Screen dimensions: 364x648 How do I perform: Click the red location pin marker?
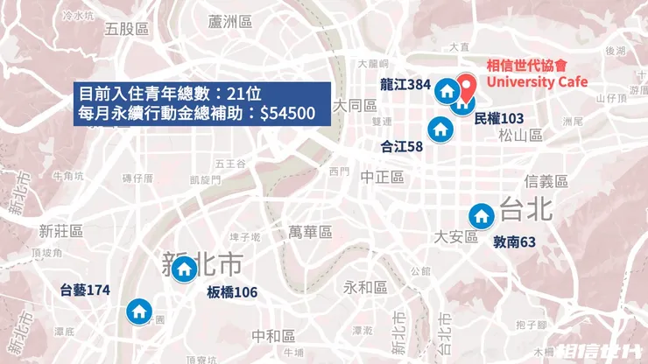click(468, 86)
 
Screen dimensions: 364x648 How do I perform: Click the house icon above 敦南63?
click(481, 216)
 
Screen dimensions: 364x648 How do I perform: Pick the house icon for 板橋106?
click(185, 269)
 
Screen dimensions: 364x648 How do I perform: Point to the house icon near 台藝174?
click(138, 311)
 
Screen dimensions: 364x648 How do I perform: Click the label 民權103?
click(499, 118)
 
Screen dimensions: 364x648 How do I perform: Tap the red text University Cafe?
click(537, 82)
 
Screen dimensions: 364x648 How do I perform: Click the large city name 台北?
click(525, 210)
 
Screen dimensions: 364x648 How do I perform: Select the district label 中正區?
click(382, 177)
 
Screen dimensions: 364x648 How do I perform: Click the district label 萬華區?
click(311, 232)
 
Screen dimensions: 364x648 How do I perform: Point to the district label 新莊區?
click(61, 231)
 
